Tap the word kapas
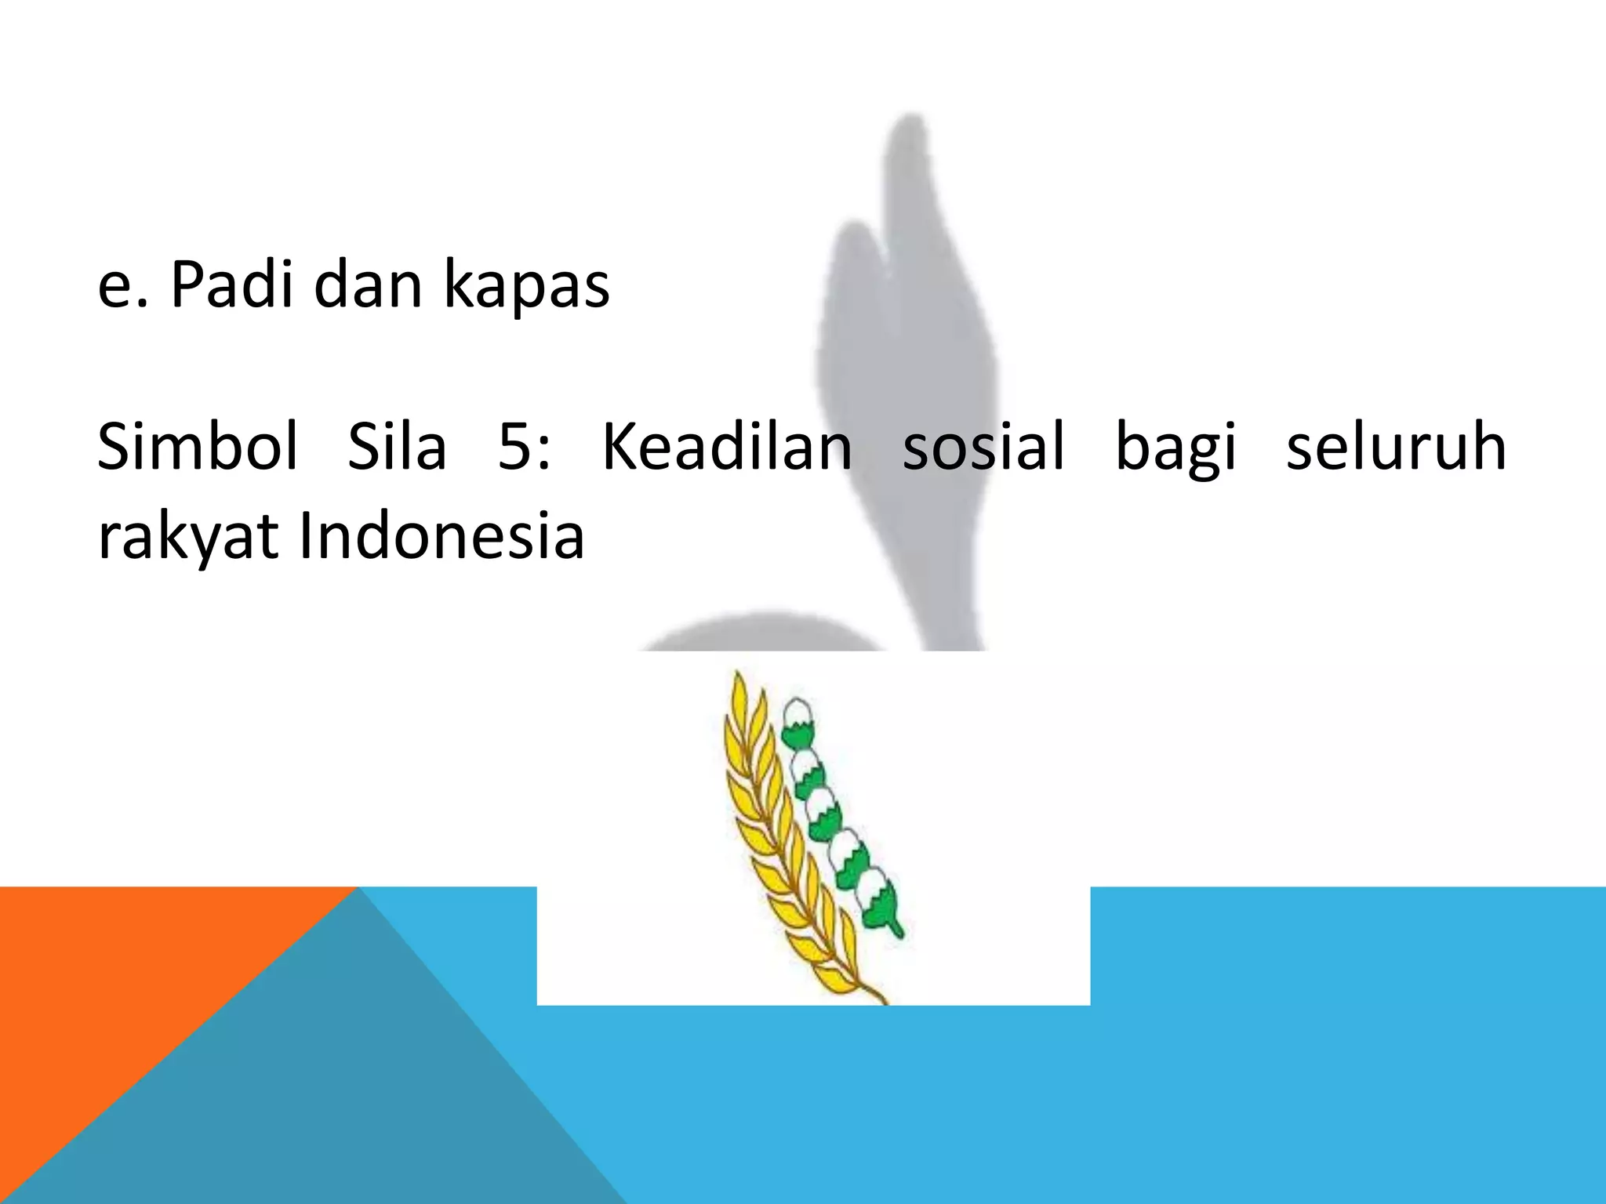[x=526, y=287]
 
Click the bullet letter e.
[x=114, y=288]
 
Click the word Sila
[x=397, y=446]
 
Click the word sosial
[x=983, y=446]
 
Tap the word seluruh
[x=1396, y=446]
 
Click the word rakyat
[x=187, y=539]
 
